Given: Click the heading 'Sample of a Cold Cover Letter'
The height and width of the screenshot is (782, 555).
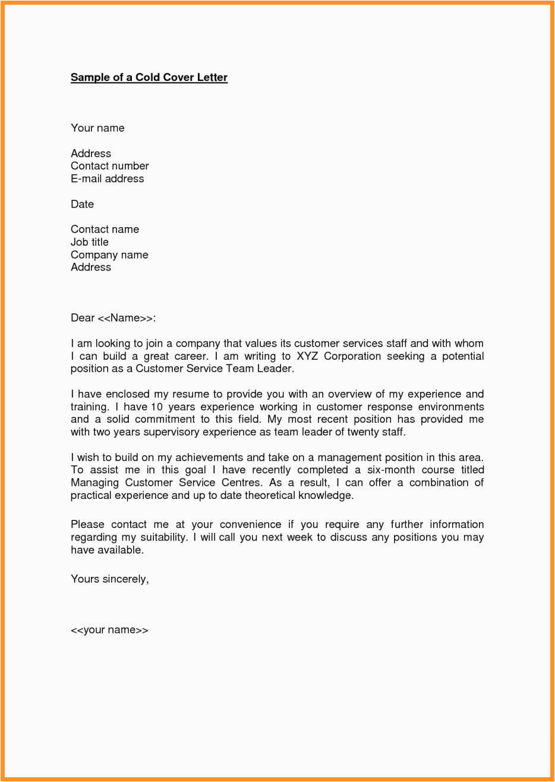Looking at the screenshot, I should click(149, 77).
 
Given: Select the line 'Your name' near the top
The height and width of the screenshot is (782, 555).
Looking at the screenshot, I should click(97, 128).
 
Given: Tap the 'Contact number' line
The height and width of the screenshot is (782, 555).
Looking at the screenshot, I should click(110, 166).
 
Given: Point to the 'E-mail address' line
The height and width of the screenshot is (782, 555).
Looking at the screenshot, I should click(107, 178).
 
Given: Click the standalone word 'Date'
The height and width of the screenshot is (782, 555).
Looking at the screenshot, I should click(82, 204).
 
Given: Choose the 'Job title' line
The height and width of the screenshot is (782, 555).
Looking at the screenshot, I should click(90, 242).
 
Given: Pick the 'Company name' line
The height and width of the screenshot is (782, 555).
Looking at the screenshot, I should click(109, 255).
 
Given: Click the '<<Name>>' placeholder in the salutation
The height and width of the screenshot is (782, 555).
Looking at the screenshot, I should click(126, 318).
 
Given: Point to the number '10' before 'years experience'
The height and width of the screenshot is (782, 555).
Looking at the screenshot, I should click(156, 407).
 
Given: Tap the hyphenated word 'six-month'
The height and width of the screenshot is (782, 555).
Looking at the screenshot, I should click(390, 470).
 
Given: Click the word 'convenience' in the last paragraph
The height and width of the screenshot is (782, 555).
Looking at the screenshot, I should click(250, 525).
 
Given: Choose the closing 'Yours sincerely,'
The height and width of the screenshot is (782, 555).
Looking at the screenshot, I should click(110, 579).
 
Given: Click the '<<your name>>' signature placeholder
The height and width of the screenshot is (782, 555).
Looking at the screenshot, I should click(109, 630).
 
